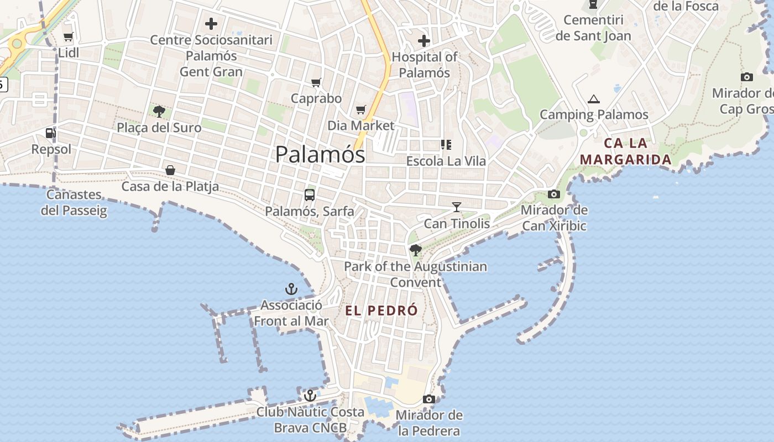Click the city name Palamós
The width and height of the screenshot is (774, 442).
[320, 154]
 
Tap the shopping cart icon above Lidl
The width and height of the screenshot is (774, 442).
[69, 37]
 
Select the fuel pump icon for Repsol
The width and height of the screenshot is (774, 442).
[50, 133]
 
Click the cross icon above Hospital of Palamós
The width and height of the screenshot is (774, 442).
[424, 41]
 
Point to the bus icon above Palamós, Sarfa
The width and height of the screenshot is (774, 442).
[310, 194]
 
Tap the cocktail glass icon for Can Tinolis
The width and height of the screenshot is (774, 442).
[457, 207]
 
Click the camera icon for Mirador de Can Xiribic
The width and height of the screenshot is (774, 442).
[553, 194]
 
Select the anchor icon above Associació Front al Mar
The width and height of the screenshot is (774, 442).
[291, 289]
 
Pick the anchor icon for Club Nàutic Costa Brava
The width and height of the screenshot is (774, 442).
[310, 396]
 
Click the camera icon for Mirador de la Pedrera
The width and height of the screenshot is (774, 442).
[429, 399]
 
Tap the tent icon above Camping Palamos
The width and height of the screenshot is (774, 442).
[594, 99]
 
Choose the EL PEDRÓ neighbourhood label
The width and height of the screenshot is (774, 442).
[381, 311]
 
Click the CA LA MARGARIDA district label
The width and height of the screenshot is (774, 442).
[625, 151]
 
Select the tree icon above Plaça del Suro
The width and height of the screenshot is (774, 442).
[159, 112]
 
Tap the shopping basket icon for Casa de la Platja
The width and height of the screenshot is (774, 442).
[170, 170]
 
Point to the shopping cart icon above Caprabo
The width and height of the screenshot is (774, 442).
[316, 83]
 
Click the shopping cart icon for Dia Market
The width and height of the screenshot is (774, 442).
[361, 110]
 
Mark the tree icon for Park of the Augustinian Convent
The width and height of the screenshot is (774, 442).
[415, 250]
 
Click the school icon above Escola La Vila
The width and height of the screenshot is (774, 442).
[446, 145]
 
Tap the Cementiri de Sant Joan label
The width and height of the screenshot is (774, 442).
[593, 28]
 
